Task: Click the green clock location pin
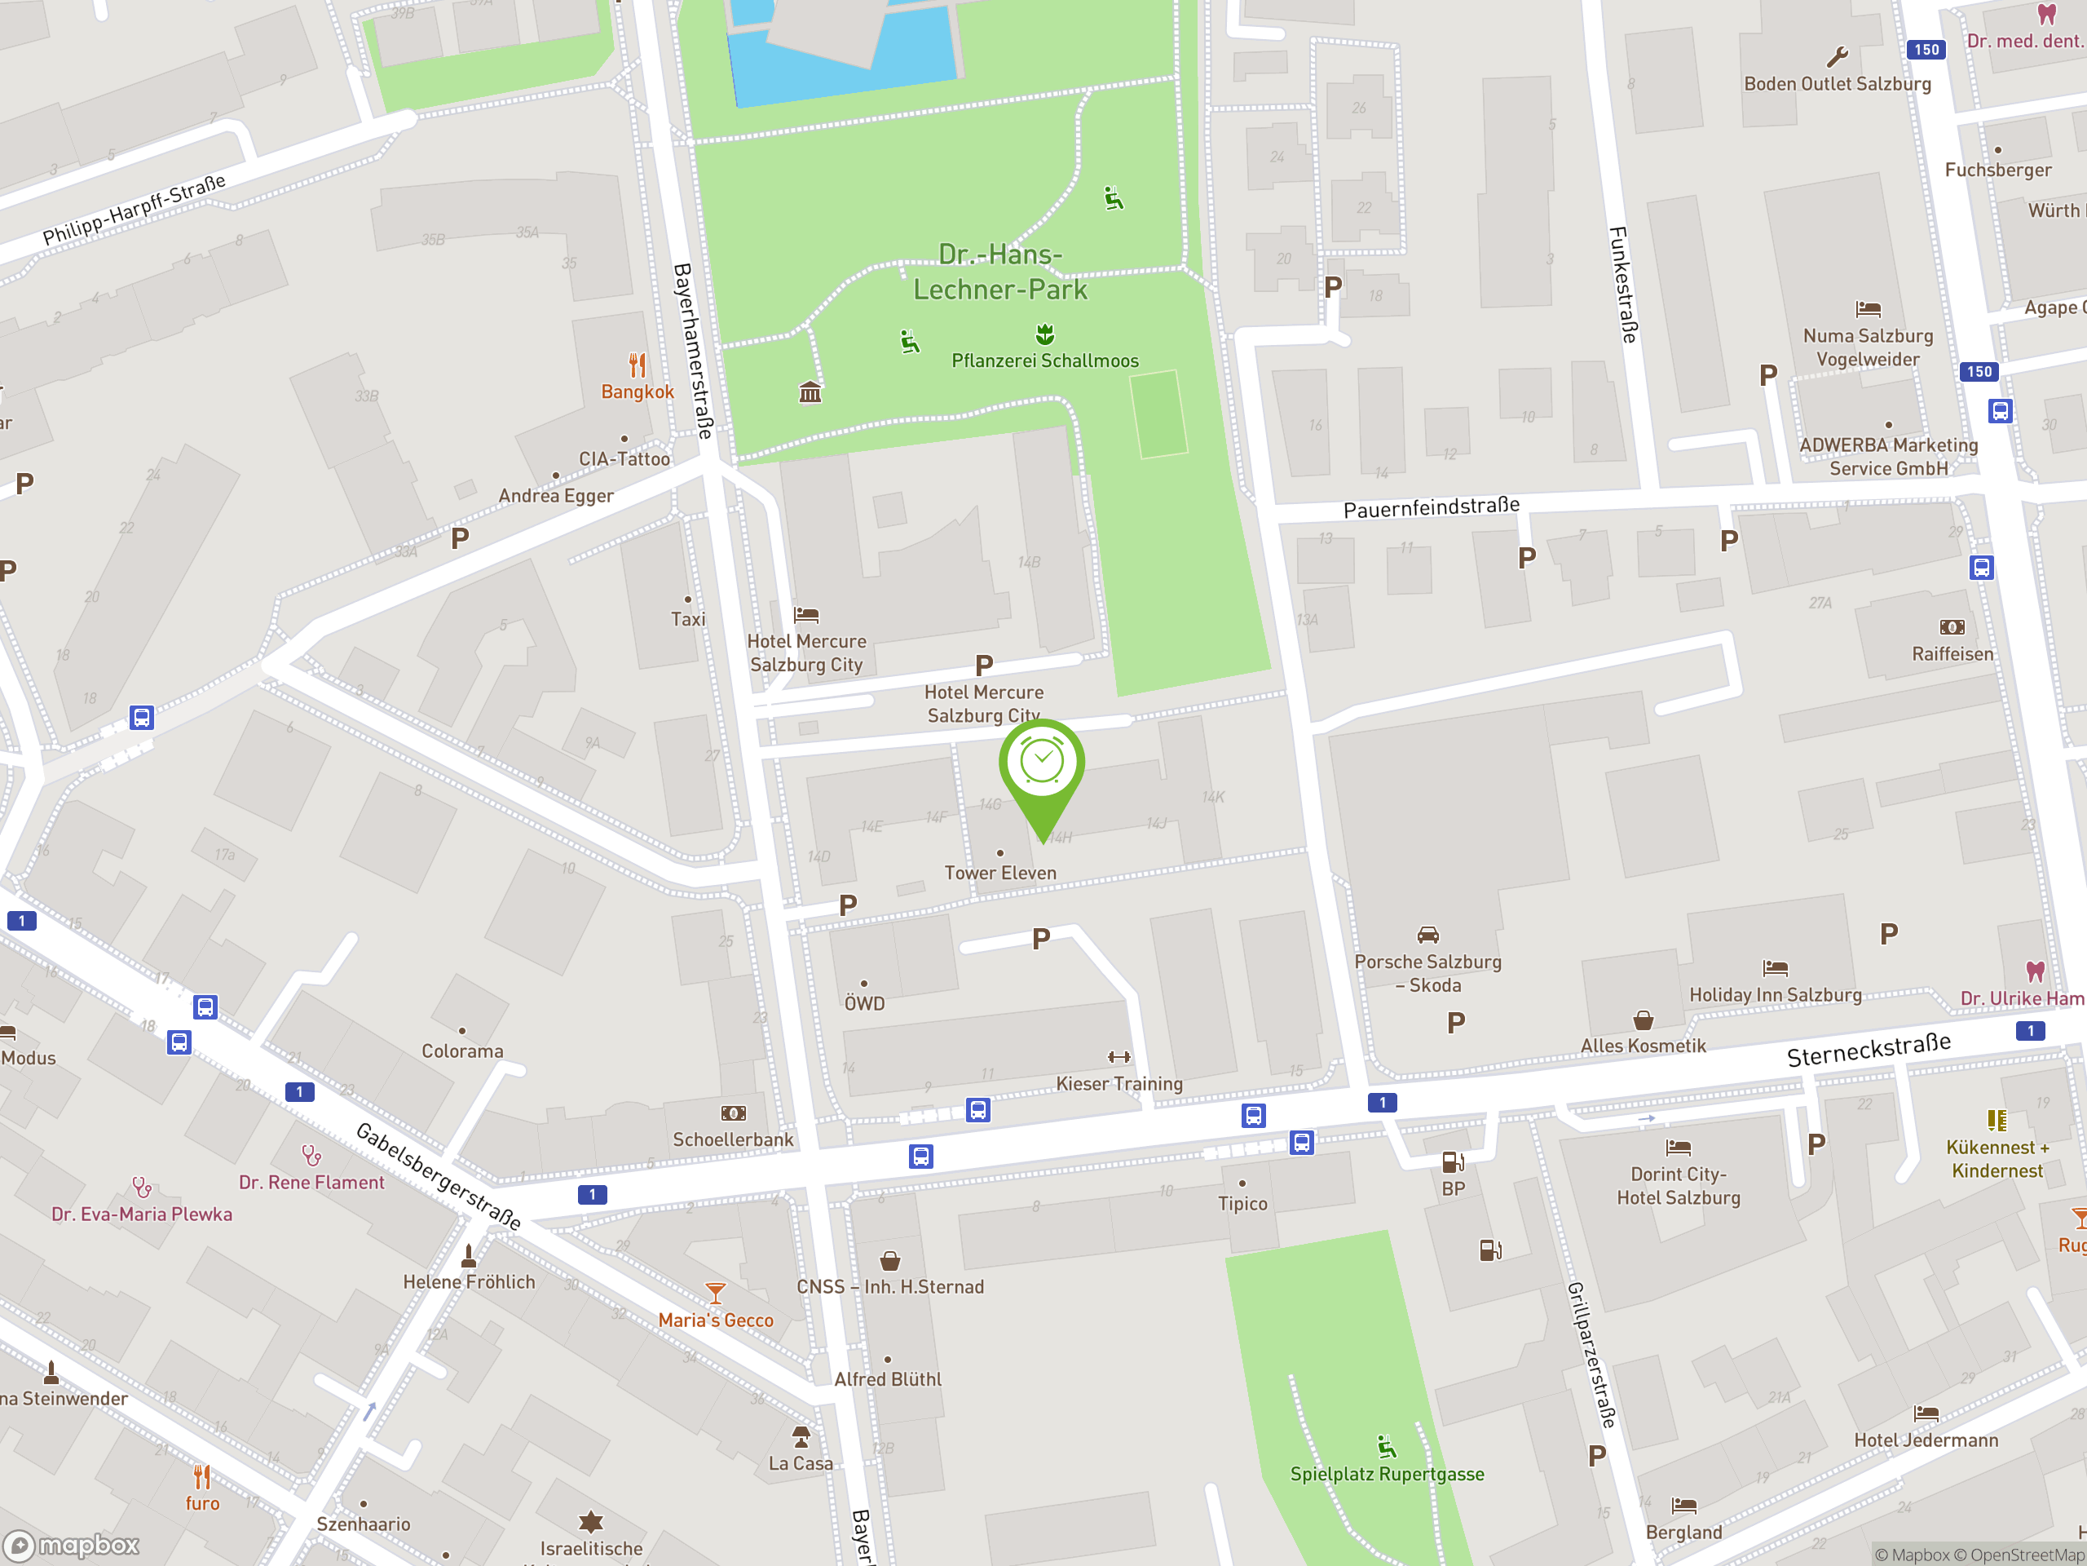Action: tap(1042, 764)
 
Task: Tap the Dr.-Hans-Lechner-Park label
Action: tap(1000, 272)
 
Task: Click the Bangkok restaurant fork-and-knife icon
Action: tap(638, 365)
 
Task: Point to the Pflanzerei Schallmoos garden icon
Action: tap(1044, 334)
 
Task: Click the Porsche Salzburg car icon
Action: tap(1427, 936)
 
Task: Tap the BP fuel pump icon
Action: tap(1453, 1162)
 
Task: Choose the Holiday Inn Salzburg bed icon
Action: tap(1775, 967)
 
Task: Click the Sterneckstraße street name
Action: tap(1869, 1049)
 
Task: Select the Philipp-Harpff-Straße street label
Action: tap(134, 209)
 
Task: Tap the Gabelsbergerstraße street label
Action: tap(438, 1175)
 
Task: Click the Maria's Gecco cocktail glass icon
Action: tap(716, 1292)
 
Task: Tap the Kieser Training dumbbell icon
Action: tap(1119, 1057)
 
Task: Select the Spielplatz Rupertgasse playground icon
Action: tap(1386, 1446)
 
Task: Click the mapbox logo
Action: tap(72, 1546)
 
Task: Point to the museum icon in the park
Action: tap(810, 391)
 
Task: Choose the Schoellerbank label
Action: tap(733, 1139)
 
